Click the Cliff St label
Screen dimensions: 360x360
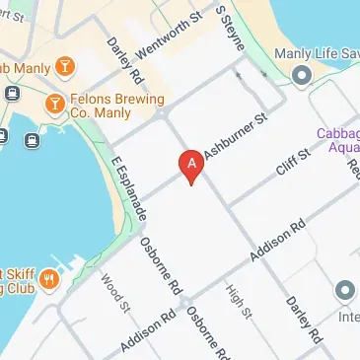click(293, 161)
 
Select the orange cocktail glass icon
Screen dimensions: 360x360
click(64, 66)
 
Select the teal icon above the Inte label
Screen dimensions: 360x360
click(344, 290)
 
